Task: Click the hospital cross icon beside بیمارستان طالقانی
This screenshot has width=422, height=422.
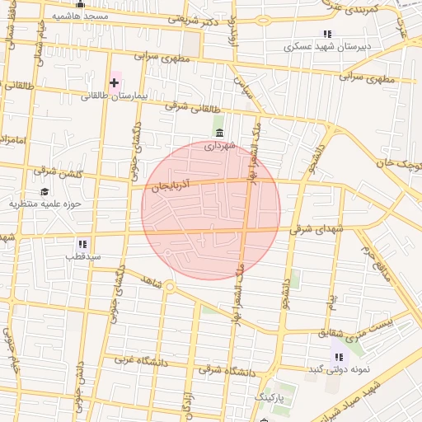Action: tap(114, 82)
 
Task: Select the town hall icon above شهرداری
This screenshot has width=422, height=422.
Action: tap(218, 133)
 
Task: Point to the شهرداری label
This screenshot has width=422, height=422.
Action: tap(220, 146)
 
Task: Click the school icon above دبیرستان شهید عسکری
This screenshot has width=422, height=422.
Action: tap(327, 35)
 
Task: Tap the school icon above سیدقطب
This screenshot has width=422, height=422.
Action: tap(82, 244)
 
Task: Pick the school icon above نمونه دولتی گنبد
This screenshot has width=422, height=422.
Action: tap(338, 357)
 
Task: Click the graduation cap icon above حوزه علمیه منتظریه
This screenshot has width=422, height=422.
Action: tap(44, 191)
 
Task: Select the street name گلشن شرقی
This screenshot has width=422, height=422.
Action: tap(57, 171)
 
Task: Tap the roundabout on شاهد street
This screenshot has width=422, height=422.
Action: tap(169, 287)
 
